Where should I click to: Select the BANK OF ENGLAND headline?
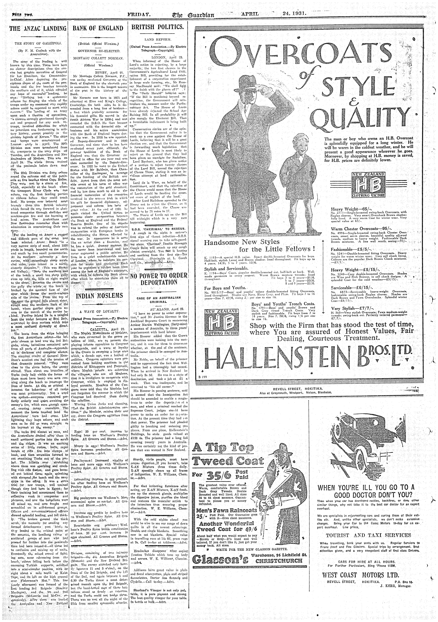pos(98,28)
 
